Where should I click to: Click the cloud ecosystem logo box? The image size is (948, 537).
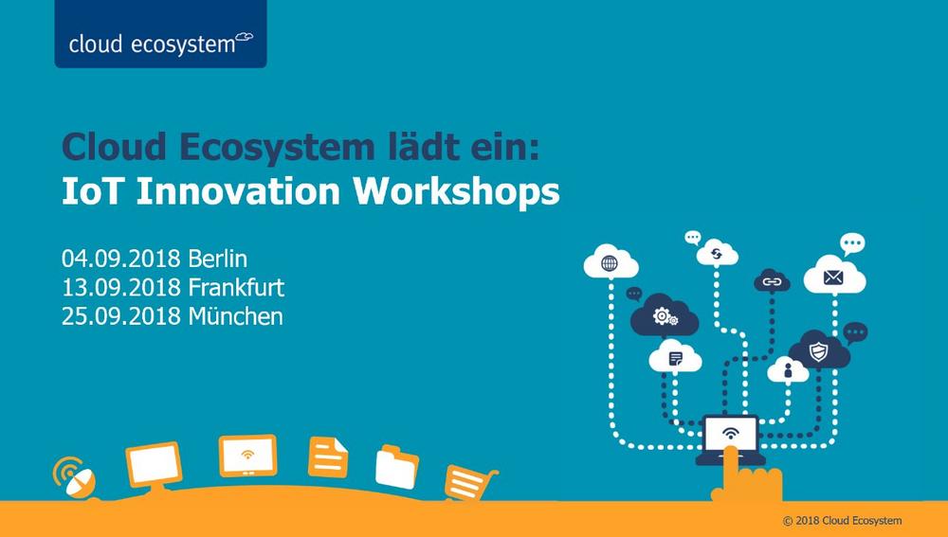(x=160, y=34)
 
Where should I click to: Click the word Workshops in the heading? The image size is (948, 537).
(x=457, y=191)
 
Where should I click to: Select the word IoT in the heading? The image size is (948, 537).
(x=93, y=191)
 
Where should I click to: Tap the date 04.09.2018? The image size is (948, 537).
(x=121, y=259)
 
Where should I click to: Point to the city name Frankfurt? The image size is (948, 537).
(x=236, y=288)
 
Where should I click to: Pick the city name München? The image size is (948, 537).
(x=236, y=316)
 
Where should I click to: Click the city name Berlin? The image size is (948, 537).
(x=218, y=259)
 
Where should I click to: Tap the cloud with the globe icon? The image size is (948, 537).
(x=611, y=262)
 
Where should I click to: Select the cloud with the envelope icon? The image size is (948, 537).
(x=834, y=276)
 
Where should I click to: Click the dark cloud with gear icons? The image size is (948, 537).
(x=665, y=315)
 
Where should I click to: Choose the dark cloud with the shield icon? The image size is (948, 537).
(x=819, y=350)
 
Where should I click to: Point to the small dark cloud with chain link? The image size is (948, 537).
(x=772, y=281)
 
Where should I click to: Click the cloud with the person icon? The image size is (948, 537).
(x=788, y=369)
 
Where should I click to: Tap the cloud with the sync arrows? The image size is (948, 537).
(x=717, y=253)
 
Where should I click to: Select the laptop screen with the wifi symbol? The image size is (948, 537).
(x=731, y=433)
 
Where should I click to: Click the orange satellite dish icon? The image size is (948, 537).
(x=75, y=477)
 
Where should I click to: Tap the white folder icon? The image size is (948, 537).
(x=396, y=467)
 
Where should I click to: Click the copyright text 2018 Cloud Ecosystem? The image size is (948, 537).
(x=848, y=521)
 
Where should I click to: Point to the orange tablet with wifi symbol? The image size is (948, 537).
(x=247, y=456)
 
